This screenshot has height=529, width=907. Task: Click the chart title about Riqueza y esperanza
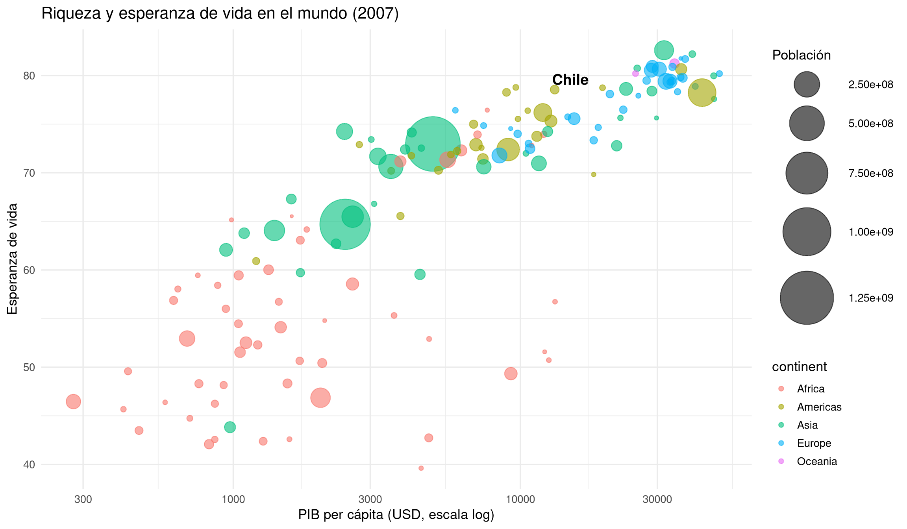click(220, 14)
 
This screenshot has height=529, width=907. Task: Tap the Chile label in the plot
click(570, 80)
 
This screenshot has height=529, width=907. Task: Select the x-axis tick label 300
click(83, 499)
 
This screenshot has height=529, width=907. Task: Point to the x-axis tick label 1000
click(233, 499)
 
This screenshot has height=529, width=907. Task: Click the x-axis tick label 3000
click(370, 499)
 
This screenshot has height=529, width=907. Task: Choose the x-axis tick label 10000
click(520, 499)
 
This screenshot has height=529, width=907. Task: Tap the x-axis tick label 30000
click(657, 499)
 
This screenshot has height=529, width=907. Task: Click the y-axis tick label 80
click(29, 76)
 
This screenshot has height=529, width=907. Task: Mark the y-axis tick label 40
click(29, 464)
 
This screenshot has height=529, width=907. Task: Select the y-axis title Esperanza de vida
click(13, 259)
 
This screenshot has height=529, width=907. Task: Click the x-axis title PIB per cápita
click(396, 515)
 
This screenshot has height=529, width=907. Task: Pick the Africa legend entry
click(811, 389)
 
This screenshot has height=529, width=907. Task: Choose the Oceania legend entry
click(816, 461)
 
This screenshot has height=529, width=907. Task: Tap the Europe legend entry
click(814, 443)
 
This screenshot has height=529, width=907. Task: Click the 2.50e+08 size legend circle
click(807, 85)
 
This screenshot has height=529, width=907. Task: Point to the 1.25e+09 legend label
click(871, 298)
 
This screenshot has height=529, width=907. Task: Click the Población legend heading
click(801, 55)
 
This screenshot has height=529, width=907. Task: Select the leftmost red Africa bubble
click(73, 401)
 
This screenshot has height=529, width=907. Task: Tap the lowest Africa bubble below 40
click(421, 468)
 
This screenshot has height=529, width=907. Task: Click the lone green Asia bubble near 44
click(230, 427)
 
